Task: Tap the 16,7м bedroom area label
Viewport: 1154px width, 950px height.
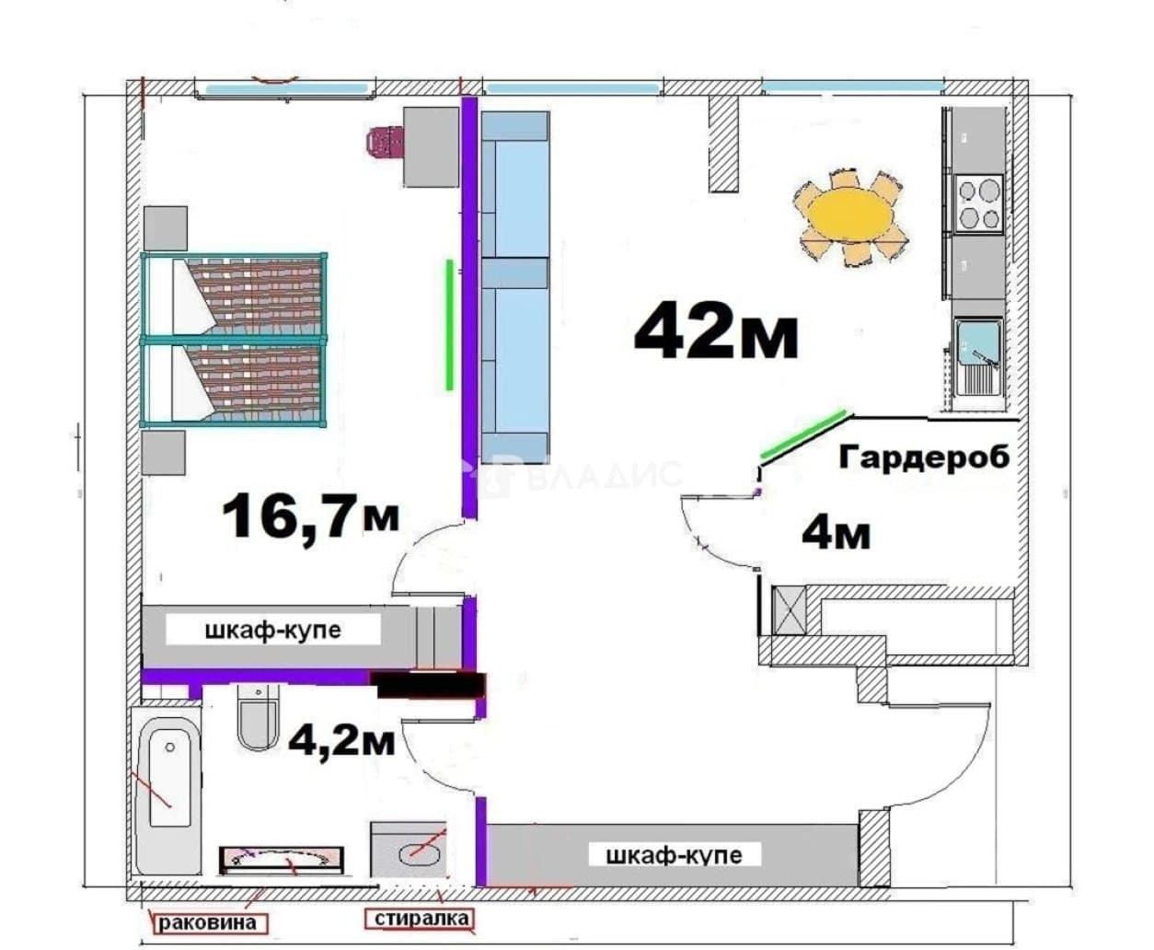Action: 310,516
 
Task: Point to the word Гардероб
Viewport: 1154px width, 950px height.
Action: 924,458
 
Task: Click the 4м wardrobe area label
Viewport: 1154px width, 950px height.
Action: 836,534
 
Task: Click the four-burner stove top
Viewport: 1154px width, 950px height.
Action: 978,204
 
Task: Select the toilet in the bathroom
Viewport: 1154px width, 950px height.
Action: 258,717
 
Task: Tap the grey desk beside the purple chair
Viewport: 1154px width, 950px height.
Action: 432,146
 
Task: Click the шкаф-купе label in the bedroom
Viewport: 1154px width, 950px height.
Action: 273,631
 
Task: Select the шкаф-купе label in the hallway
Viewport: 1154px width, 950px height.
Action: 675,855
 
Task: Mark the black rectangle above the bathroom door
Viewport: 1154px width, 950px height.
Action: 428,685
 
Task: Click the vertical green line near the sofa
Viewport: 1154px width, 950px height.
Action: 449,325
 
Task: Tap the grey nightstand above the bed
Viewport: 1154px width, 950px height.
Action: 166,228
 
